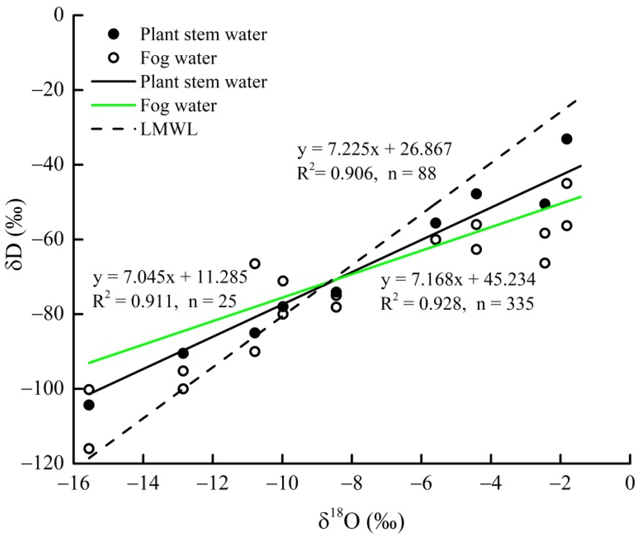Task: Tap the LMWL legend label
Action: pyautogui.click(x=169, y=130)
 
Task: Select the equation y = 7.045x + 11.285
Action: pyautogui.click(x=170, y=277)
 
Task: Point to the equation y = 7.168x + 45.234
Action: pyautogui.click(x=458, y=279)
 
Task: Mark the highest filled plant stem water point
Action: pyautogui.click(x=567, y=139)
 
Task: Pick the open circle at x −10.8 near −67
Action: pyautogui.click(x=255, y=263)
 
